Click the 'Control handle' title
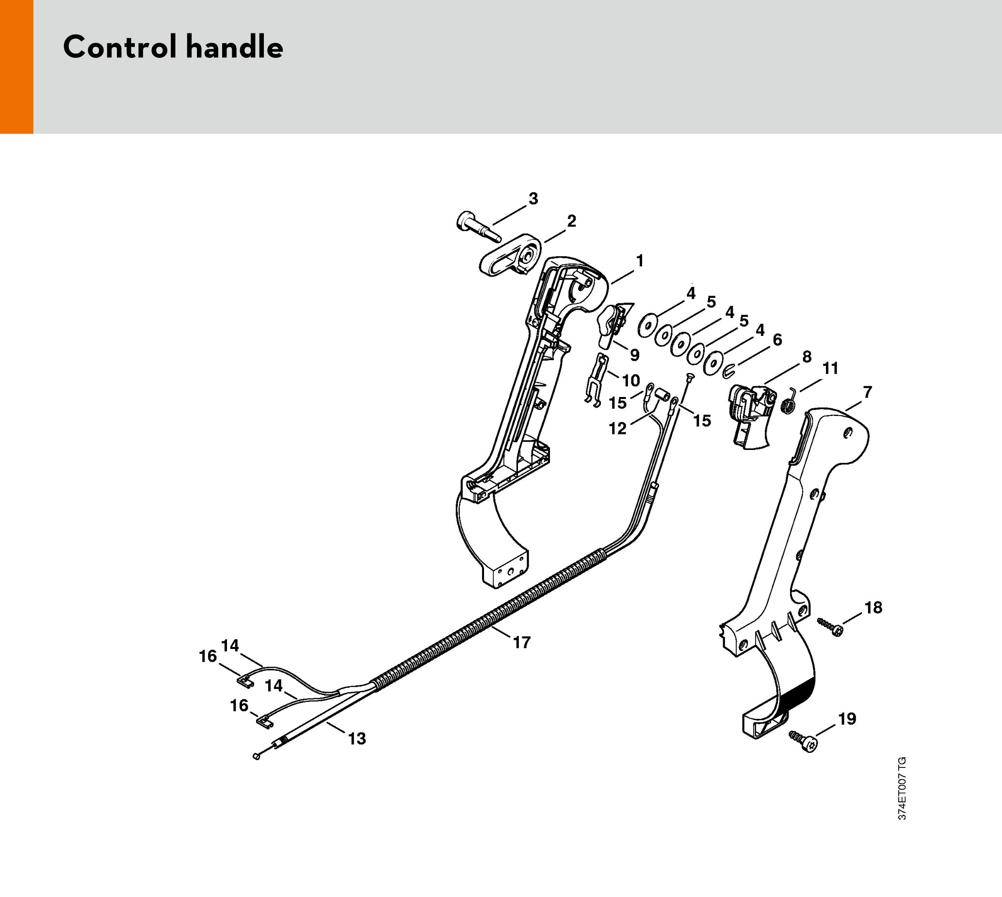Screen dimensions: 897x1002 click(173, 47)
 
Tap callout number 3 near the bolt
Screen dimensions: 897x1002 click(533, 199)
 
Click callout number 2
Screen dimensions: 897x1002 click(571, 221)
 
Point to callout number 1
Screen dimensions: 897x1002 click(640, 261)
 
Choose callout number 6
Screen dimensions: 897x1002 click(777, 340)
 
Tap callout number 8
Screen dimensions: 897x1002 click(807, 357)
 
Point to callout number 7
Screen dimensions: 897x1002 click(868, 392)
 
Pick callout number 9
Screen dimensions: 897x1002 click(635, 355)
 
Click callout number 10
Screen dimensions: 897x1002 click(631, 381)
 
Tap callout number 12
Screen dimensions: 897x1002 click(617, 429)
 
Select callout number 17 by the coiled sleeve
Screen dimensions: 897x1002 click(521, 642)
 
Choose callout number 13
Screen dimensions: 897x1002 click(357, 738)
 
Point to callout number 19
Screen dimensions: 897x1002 click(847, 719)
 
